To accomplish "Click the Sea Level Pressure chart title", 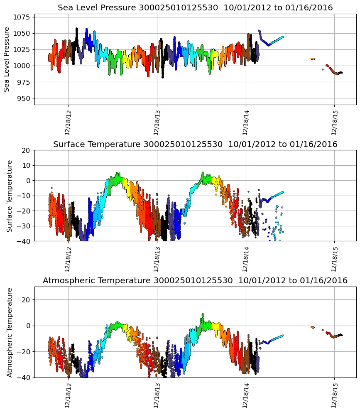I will (x=195, y=8).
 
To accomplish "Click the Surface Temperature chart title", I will (x=195, y=144).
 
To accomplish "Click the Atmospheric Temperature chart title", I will (x=195, y=280).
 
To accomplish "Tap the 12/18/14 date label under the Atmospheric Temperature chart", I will (x=246, y=395).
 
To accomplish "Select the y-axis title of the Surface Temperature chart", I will (x=10, y=195).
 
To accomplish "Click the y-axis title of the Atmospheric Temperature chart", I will (x=10, y=332).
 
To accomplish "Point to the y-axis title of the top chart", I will (x=7, y=59).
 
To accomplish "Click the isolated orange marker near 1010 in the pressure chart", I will (x=313, y=59).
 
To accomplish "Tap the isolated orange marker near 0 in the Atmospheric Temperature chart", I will (x=313, y=327).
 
